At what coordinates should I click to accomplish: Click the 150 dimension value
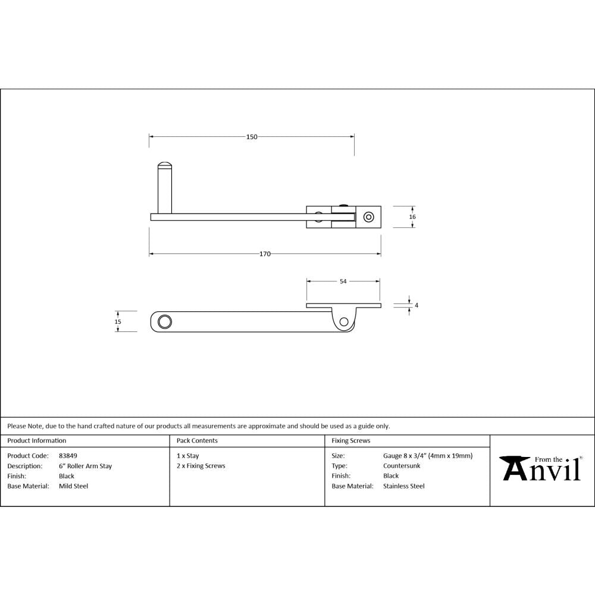252,137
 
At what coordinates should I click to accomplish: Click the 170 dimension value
265,254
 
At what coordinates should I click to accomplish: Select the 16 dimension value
412,217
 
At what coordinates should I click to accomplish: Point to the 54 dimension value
343,281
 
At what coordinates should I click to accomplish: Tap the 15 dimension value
118,321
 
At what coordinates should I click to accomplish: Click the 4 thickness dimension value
416,305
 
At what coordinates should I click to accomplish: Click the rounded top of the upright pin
165,165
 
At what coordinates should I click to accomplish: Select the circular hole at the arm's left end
164,322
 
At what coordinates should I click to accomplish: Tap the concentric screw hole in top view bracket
369,217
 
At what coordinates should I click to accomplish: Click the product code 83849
68,456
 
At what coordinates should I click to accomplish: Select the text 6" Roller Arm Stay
85,466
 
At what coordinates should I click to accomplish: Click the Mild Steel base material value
73,486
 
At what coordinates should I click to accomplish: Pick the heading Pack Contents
197,441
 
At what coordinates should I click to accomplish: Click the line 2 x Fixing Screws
201,466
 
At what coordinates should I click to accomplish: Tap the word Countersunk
402,466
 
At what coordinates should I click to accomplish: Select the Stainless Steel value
404,486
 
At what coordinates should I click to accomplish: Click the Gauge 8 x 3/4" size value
428,456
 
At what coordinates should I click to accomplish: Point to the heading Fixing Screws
350,441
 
